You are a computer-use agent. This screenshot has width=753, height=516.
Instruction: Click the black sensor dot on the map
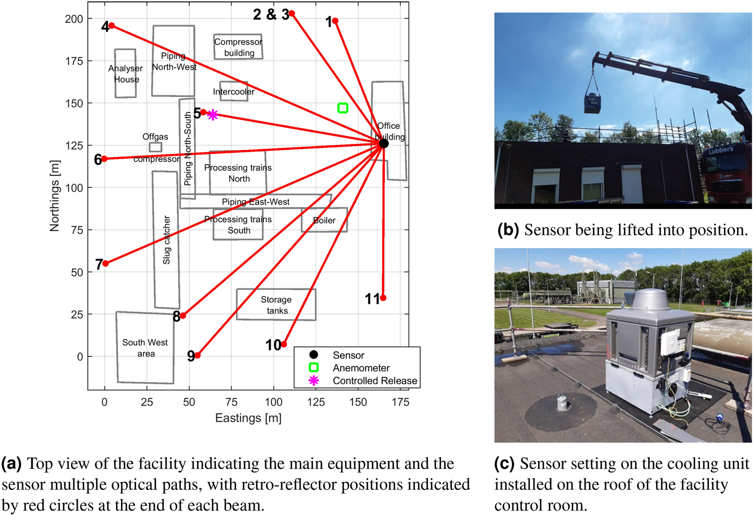[384, 144]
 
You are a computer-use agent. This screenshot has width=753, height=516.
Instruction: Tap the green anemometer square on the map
[343, 108]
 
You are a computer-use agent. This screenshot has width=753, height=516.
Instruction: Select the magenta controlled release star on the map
[212, 115]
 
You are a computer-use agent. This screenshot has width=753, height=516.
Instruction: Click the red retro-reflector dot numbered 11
[383, 298]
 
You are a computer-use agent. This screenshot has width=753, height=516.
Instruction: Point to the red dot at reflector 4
[112, 26]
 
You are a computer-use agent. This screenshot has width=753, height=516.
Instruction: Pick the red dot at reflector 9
[197, 355]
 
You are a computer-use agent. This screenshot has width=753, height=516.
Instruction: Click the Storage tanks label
[276, 305]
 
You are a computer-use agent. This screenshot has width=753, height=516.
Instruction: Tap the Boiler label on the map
[324, 221]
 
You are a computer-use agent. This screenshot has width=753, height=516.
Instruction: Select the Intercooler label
[234, 91]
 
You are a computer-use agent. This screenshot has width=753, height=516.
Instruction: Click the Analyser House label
[126, 74]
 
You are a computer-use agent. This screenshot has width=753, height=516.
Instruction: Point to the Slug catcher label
[167, 240]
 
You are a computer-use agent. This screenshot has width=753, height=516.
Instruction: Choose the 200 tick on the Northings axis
[74, 19]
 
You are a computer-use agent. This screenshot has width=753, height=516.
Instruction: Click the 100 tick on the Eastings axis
[273, 402]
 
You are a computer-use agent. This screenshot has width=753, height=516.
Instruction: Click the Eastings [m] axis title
[248, 418]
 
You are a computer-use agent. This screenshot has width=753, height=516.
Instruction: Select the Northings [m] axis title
[54, 196]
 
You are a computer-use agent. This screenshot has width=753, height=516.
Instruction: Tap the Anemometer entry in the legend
[361, 368]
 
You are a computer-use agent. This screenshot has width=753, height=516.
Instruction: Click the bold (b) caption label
[508, 230]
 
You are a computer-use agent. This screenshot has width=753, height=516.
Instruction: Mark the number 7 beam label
[99, 264]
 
